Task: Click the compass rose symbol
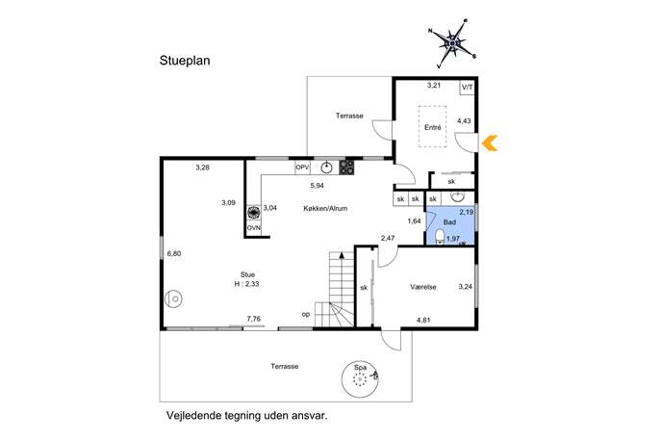click(x=452, y=43)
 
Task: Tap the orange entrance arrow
click(x=490, y=143)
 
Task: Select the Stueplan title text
click(x=185, y=61)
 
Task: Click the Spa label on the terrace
click(x=360, y=368)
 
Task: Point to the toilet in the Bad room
click(x=440, y=237)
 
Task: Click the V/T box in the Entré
click(x=467, y=88)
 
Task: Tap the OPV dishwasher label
click(x=302, y=168)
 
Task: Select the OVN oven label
click(x=254, y=228)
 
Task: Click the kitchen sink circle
click(x=327, y=168)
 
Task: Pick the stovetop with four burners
click(x=346, y=168)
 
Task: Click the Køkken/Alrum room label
click(x=325, y=208)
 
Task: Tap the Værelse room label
click(x=423, y=287)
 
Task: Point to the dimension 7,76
click(x=254, y=319)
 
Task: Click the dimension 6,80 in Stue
click(x=174, y=253)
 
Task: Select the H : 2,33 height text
click(x=246, y=284)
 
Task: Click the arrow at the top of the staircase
click(x=341, y=255)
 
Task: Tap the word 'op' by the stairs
click(x=306, y=314)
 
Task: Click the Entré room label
click(x=433, y=127)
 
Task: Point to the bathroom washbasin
click(x=457, y=196)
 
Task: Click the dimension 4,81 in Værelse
click(x=423, y=320)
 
